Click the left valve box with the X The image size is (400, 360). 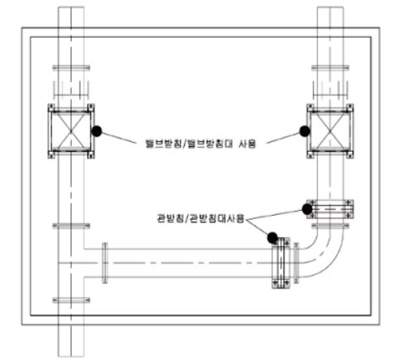[71, 132]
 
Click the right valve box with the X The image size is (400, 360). [330, 132]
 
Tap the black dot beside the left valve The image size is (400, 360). [97, 131]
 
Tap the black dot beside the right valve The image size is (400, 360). [305, 131]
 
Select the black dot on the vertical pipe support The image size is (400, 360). [307, 209]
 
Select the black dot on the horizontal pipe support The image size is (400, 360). [273, 238]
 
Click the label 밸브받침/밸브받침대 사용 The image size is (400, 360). [200, 143]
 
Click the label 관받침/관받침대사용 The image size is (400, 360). [201, 218]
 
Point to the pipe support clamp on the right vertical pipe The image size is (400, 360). [330, 209]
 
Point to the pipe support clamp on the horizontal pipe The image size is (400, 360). [281, 263]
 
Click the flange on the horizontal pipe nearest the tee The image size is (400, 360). [105, 263]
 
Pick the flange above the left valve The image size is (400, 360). [71, 67]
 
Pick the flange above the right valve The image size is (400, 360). [330, 67]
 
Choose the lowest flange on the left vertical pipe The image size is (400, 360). [71, 300]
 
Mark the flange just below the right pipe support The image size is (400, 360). [330, 226]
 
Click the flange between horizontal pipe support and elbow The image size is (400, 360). [296, 263]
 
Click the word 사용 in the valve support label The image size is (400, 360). [247, 143]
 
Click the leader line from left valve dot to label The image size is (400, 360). [118, 137]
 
